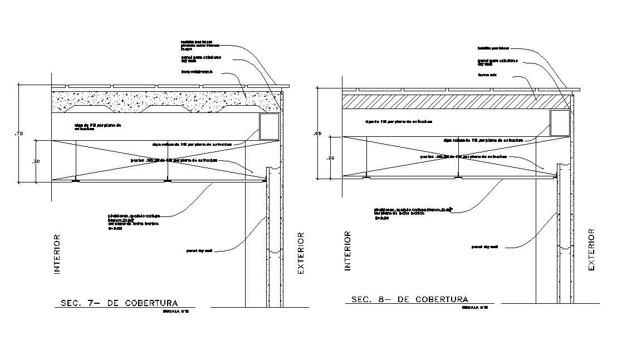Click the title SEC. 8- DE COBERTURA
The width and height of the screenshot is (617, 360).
tap(409, 299)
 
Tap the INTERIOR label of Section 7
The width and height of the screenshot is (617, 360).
tap(56, 255)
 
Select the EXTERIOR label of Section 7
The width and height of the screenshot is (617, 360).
tap(301, 253)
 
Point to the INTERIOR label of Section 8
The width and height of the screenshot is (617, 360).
tap(347, 250)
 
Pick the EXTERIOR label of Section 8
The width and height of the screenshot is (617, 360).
tap(591, 249)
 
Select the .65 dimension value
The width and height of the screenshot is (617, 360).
tap(318, 134)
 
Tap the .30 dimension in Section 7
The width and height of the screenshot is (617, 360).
tap(37, 161)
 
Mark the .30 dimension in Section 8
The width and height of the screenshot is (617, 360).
tap(330, 158)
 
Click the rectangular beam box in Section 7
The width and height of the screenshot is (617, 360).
tap(269, 126)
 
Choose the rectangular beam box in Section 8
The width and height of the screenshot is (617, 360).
tap(560, 123)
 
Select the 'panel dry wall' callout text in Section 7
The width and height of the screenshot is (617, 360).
tap(199, 251)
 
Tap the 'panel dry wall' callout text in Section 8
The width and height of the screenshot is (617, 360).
tap(484, 246)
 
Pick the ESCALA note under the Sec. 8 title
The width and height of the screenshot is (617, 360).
tap(475, 307)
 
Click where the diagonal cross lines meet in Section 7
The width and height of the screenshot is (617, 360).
tap(165, 160)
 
